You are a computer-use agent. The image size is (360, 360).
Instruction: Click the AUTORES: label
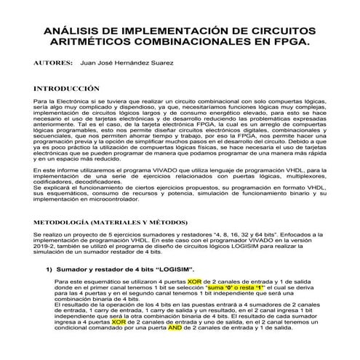tap(54, 64)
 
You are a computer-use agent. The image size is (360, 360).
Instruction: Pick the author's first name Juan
tap(90, 64)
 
